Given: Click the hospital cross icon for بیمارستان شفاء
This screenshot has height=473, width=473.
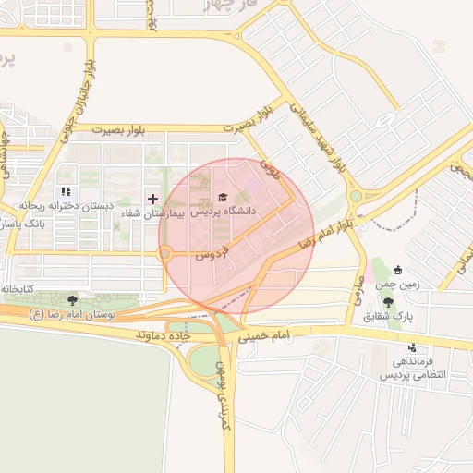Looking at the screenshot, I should (x=152, y=199).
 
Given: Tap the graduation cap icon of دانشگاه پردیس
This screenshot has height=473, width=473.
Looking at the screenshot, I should (x=221, y=197).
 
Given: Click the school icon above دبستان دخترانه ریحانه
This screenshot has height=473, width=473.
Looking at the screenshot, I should (x=65, y=192).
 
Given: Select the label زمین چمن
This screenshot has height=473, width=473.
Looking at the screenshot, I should (x=402, y=285).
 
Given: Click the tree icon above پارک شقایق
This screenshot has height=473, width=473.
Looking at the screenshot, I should (x=387, y=303).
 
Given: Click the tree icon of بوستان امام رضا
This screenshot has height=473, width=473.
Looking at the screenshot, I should (x=72, y=299).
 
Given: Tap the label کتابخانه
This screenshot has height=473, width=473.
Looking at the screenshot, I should (x=18, y=289).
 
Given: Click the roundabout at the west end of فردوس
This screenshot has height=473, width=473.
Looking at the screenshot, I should (x=166, y=253).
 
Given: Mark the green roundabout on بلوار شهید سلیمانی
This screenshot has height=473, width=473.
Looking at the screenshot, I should (x=356, y=196).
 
